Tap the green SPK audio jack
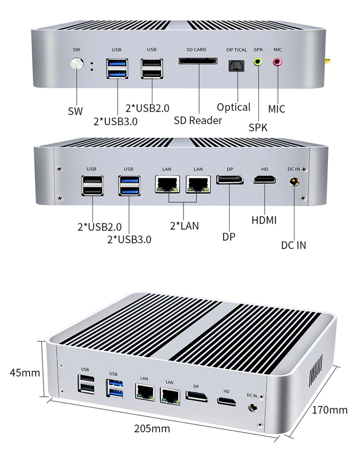pos(258,62)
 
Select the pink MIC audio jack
pos(277,62)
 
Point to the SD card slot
pos(198,61)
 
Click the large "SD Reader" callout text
pos(198,120)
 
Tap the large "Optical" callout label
pos(234,107)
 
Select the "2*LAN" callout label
pos(184,226)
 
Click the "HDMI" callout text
pos(264,220)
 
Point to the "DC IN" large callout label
pos(293,245)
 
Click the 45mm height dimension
pos(25,372)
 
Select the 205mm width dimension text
pos(152,429)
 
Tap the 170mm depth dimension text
pos(329,410)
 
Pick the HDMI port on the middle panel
pos(265,179)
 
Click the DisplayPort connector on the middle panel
pos(230,179)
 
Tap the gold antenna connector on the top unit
pos(328,61)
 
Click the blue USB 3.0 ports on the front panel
pos(117,68)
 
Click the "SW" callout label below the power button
pos(75,111)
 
